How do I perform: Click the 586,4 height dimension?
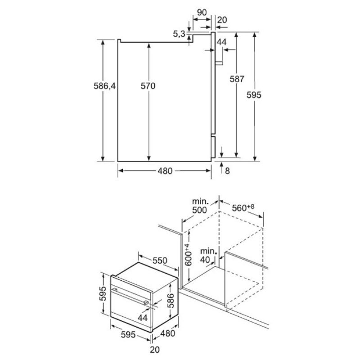click(104, 86)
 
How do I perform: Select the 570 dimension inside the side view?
click(148, 86)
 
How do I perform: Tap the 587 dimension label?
click(237, 79)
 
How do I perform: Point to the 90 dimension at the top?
click(202, 12)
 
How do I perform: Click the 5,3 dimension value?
click(179, 34)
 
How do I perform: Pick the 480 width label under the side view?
click(165, 171)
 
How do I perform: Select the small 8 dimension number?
click(227, 171)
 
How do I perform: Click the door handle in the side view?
click(219, 63)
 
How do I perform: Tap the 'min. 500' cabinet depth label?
click(199, 206)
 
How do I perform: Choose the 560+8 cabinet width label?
click(243, 207)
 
